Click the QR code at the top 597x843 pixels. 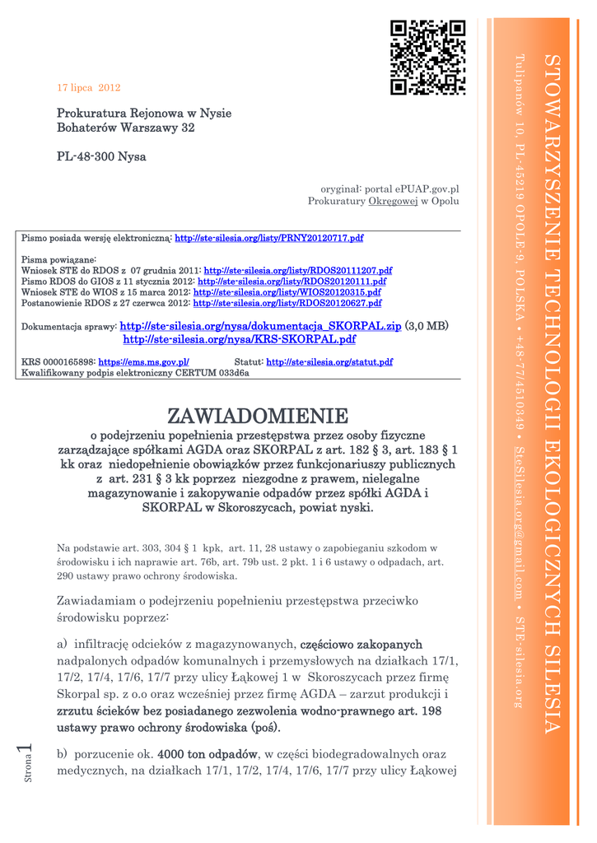point(427,58)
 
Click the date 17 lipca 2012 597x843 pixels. point(89,87)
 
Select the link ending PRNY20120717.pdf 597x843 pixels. point(269,238)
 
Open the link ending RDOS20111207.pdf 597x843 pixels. point(297,270)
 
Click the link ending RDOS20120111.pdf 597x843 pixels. point(292,281)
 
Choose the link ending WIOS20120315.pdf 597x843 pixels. point(287,292)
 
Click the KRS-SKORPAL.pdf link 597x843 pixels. point(239,339)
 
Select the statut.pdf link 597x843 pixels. point(329,362)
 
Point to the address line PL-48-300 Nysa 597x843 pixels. point(101,156)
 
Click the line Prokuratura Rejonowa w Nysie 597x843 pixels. point(144,113)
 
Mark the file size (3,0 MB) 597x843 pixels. point(427,326)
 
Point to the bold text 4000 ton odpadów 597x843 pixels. point(208,754)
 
